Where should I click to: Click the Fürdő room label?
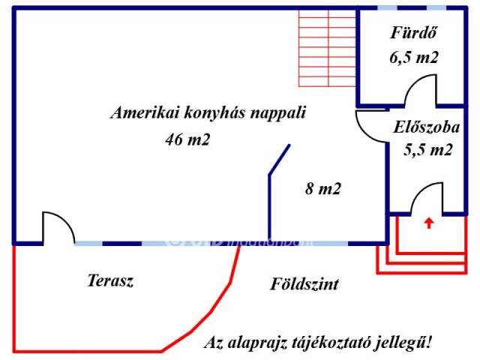pos(414,33)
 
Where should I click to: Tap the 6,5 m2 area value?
pos(414,57)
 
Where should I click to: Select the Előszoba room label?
pos(426,127)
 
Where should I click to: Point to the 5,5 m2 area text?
pos(428,149)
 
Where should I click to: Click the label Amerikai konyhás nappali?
pos(209,113)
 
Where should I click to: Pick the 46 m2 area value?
pos(187,139)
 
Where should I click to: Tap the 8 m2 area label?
pos(323,189)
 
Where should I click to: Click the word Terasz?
pos(110,281)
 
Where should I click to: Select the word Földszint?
pos(304,284)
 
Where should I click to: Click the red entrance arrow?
pos(428,222)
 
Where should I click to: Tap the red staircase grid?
pos(327,46)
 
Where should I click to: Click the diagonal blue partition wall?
pos(279,160)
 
